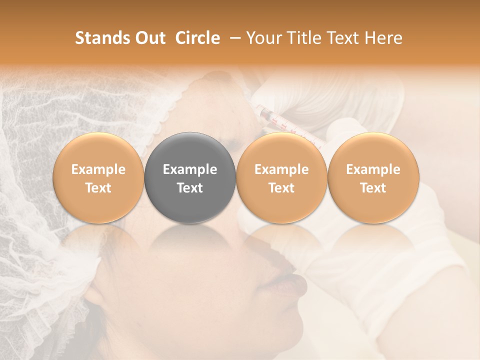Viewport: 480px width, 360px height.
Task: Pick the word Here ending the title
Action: coord(383,38)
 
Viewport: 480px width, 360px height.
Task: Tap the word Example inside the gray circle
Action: coord(190,169)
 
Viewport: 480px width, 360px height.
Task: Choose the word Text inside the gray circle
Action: coord(190,188)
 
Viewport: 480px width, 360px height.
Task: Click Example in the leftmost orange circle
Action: coord(98,169)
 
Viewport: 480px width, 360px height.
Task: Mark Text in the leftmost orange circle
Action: coord(98,188)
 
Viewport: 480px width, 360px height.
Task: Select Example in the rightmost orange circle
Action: coord(373,169)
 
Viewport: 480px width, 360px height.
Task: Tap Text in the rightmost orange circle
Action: coord(373,188)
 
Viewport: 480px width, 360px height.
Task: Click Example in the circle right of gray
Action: coord(281,169)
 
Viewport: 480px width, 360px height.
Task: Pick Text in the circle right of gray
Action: coord(281,188)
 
